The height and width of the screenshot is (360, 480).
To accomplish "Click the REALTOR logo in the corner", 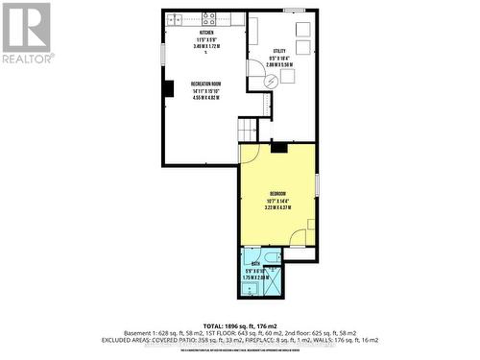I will (x=26, y=33).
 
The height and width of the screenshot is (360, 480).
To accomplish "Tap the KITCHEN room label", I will (x=180, y=33).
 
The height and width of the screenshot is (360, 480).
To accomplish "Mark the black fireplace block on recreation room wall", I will (x=167, y=89).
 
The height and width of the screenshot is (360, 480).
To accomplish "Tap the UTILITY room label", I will (x=279, y=50).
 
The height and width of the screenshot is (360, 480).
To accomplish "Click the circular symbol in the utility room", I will (x=271, y=82).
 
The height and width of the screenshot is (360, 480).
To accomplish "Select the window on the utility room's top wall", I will (x=294, y=11).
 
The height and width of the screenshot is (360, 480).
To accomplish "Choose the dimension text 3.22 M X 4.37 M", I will (x=277, y=207).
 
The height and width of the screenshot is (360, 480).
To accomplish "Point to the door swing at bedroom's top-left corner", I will (x=248, y=154).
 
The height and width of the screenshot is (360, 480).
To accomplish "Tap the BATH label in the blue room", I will (x=255, y=262).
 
